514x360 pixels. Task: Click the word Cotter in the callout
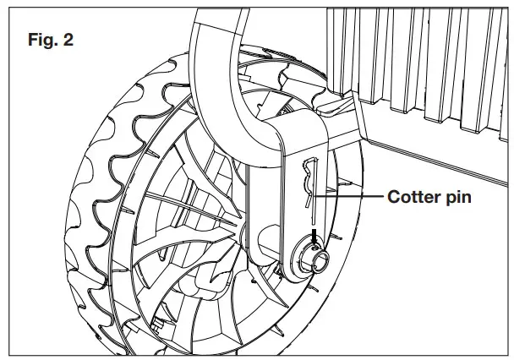415,197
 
